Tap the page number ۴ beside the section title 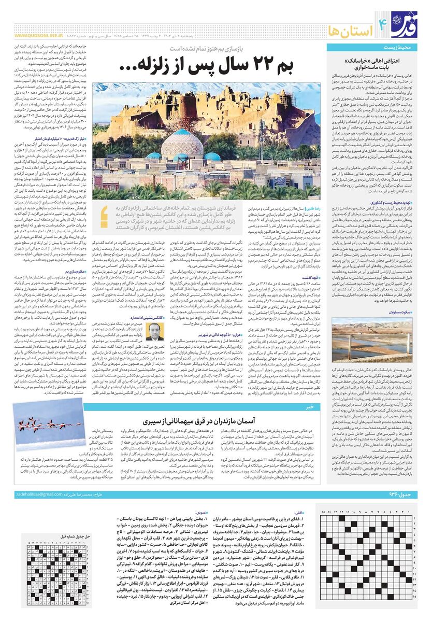pos(383,22)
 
